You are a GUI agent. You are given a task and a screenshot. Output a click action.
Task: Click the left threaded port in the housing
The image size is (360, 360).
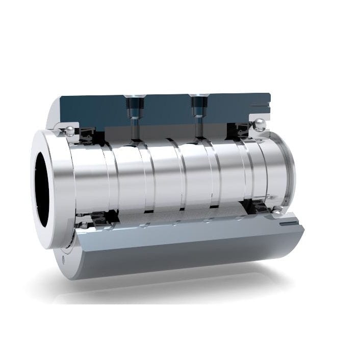[x=133, y=105]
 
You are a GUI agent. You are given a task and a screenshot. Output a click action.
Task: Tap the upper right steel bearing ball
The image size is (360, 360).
[x=259, y=124]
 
